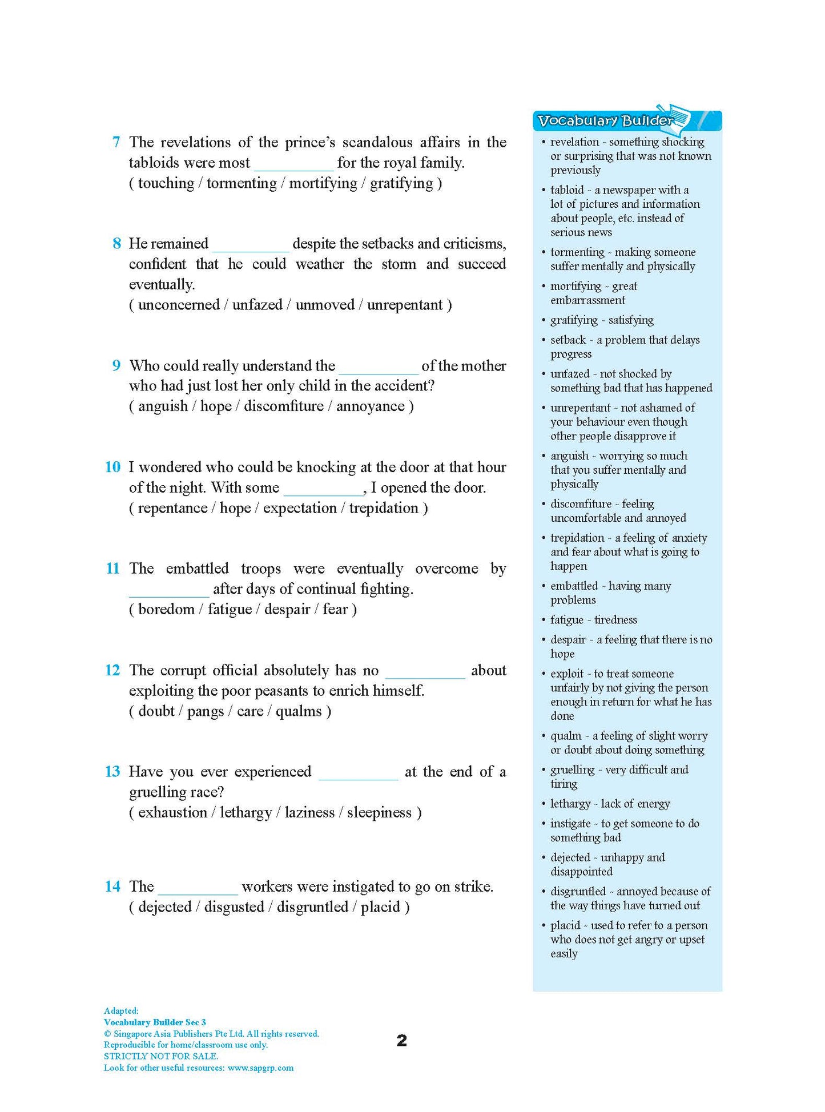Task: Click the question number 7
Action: pyautogui.click(x=116, y=142)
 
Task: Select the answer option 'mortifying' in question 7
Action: pyautogui.click(x=323, y=183)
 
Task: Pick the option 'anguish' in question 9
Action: pyautogui.click(x=163, y=406)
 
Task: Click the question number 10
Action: pyautogui.click(x=112, y=467)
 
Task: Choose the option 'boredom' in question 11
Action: pyautogui.click(x=166, y=610)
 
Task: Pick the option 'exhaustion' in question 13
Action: pyautogui.click(x=172, y=813)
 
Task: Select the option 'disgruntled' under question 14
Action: pyautogui.click(x=312, y=907)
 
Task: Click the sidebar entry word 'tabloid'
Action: pyautogui.click(x=566, y=190)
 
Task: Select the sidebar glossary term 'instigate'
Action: pyautogui.click(x=570, y=824)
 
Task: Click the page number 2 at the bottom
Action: pyautogui.click(x=402, y=1041)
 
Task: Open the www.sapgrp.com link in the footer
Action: pyautogui.click(x=260, y=1068)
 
